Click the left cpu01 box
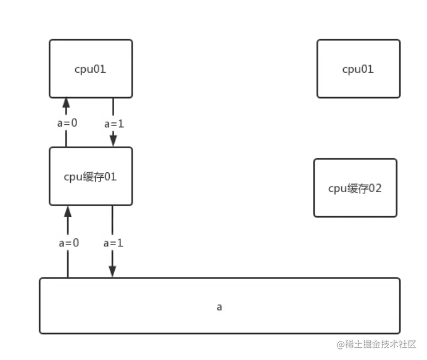click(91, 69)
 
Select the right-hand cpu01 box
click(358, 69)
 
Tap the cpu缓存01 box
click(91, 177)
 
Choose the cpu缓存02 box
click(355, 188)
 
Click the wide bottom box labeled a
click(220, 306)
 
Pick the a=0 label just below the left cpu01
click(67, 123)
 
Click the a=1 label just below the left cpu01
click(114, 123)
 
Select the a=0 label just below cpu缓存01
click(68, 243)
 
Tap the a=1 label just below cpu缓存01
click(114, 243)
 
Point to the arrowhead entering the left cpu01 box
click(67, 103)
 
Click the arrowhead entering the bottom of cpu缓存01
click(67, 212)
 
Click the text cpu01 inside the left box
click(90, 69)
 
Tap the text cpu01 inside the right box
click(358, 69)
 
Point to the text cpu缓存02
click(355, 188)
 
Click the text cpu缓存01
click(90, 177)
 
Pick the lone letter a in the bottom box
click(220, 306)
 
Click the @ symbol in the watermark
click(340, 344)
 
